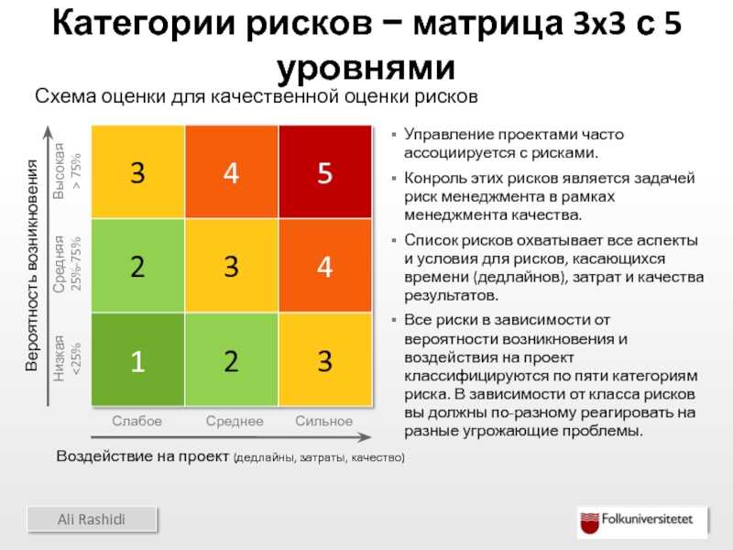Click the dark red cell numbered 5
click(x=325, y=171)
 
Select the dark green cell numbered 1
click(x=138, y=359)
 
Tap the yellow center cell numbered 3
click(x=232, y=265)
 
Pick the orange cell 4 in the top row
click(x=232, y=171)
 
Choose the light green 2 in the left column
click(x=138, y=265)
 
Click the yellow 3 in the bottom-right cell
click(x=325, y=359)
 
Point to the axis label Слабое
click(x=137, y=421)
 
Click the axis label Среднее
click(x=235, y=422)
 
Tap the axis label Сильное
click(x=324, y=421)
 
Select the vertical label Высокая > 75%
click(x=67, y=170)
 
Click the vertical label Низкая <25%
click(x=67, y=358)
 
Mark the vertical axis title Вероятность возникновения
click(x=31, y=265)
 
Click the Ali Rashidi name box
click(x=93, y=519)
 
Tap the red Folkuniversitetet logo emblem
click(x=589, y=522)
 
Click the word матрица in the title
click(x=488, y=24)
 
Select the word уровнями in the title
click(x=366, y=69)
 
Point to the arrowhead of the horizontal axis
click(x=365, y=437)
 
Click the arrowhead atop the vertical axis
click(x=49, y=133)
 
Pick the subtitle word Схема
click(x=65, y=96)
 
